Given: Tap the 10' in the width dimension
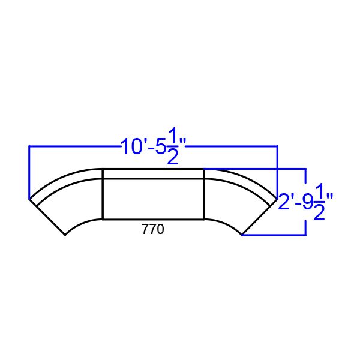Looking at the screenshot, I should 131,147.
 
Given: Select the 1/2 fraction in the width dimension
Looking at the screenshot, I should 172,147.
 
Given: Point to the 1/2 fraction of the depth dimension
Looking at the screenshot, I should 319,202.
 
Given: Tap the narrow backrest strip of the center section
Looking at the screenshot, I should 153,174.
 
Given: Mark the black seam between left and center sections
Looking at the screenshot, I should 103,195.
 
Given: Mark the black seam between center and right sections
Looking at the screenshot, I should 204,195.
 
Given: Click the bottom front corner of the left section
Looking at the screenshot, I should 65,235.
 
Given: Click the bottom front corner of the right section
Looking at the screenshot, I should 242,235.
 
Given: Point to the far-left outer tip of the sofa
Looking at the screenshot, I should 29,199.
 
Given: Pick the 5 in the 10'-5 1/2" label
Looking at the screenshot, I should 159,147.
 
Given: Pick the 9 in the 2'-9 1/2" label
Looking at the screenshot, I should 308,202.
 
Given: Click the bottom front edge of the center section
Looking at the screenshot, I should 153,220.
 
